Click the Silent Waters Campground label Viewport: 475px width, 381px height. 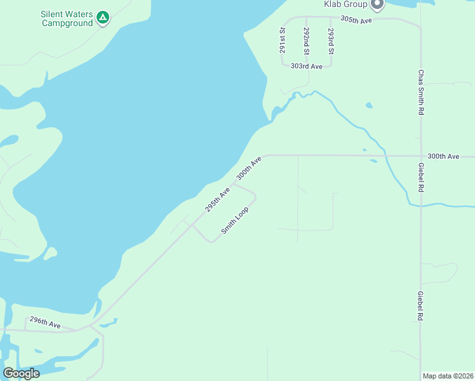[x=66, y=18]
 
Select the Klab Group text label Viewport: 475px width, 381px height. [x=346, y=4]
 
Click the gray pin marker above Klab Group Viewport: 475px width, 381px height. [x=378, y=4]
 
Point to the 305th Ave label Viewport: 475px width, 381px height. [x=356, y=20]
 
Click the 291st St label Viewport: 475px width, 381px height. [x=283, y=39]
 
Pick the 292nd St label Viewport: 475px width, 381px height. [x=306, y=39]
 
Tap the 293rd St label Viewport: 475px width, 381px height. [x=330, y=39]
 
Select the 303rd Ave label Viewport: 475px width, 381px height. [x=307, y=66]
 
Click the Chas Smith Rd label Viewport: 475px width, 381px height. [x=420, y=92]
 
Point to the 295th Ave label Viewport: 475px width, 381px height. [x=217, y=200]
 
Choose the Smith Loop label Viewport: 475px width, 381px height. [x=234, y=219]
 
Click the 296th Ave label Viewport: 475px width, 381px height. [x=45, y=323]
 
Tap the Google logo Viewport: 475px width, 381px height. [x=21, y=373]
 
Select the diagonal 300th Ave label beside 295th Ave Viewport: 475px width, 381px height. [x=249, y=168]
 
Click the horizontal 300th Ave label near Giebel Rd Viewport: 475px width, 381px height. [x=443, y=156]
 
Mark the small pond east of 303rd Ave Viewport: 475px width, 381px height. [x=369, y=105]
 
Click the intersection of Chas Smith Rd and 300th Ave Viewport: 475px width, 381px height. [x=420, y=156]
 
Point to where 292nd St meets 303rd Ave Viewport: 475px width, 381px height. [x=307, y=62]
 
